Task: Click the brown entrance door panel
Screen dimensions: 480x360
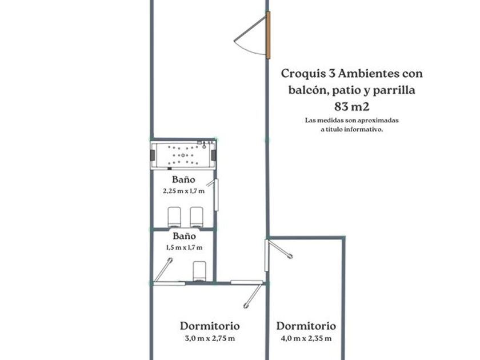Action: pos(268,35)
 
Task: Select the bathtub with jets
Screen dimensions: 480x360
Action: pos(183,155)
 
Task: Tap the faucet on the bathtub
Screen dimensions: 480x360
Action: pos(204,145)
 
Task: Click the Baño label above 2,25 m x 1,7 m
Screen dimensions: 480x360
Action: pos(183,179)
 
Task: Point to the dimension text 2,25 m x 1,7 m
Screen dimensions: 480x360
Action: pos(183,191)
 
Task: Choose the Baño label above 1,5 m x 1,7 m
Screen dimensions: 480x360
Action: pos(184,236)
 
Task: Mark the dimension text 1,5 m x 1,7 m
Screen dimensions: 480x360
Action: pos(184,247)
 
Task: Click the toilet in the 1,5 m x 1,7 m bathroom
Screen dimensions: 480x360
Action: pos(199,271)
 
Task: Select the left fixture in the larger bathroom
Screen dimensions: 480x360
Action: pos(174,217)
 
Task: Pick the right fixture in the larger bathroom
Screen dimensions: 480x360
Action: pos(197,217)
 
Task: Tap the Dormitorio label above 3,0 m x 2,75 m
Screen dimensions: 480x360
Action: pos(210,326)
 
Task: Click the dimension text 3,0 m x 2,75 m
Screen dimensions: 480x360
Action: pos(210,338)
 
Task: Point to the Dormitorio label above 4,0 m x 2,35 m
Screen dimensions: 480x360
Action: pos(306,326)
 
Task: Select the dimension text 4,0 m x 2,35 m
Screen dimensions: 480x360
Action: pos(306,338)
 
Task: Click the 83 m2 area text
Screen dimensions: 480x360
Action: pos(352,106)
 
